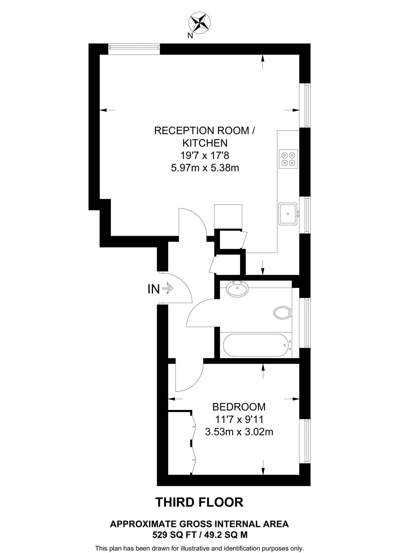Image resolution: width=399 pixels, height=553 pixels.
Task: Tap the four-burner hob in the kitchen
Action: coord(288,159)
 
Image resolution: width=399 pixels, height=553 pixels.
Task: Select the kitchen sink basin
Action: coord(288,214)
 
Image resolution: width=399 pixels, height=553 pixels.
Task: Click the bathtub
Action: coord(255,345)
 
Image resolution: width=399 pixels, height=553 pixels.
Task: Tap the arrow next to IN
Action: coord(168,288)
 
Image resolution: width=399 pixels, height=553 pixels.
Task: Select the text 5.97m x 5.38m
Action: coord(205,168)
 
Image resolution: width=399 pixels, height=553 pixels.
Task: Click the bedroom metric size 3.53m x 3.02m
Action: coord(239,432)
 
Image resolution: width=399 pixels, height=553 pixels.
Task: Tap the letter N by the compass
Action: coord(190,36)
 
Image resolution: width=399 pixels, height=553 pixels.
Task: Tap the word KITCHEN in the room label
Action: coord(205,143)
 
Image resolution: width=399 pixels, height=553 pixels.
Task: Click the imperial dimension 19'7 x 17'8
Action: coord(205,155)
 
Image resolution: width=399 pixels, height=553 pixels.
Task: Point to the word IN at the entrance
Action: coord(154,289)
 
